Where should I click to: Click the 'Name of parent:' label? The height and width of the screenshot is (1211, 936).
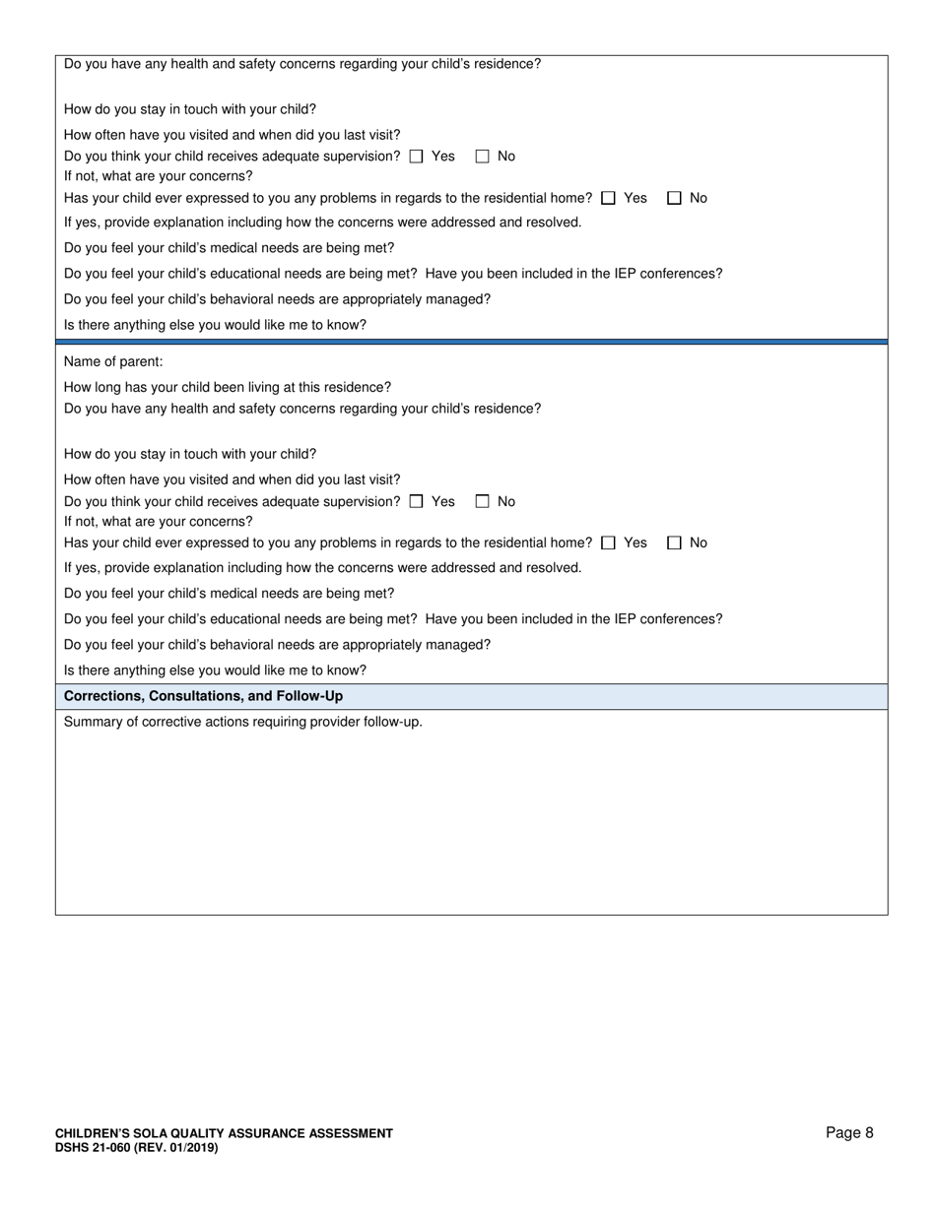pos(113,361)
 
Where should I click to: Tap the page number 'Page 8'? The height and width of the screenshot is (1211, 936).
pos(849,1133)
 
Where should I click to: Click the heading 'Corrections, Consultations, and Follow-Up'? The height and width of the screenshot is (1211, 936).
pos(203,696)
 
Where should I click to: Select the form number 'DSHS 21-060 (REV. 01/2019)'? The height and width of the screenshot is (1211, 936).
pos(137,1148)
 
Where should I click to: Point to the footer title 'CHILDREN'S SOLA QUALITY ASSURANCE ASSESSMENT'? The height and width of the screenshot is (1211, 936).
pos(224,1134)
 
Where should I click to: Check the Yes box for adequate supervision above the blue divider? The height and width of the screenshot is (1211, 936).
pos(416,157)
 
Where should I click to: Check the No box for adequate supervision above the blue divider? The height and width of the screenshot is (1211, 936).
pos(483,157)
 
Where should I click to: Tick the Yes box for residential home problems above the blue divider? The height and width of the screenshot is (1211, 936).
pos(608,198)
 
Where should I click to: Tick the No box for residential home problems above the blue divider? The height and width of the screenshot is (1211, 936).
pos(674,198)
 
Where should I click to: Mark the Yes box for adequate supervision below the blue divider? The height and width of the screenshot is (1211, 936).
pos(416,501)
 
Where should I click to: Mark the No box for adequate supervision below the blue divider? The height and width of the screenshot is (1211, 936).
pos(483,501)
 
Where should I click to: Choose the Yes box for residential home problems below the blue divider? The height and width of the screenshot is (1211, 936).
pos(608,542)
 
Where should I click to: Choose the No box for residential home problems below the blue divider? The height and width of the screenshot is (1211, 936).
pos(674,542)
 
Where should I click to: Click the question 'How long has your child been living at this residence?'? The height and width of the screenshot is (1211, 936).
pos(228,387)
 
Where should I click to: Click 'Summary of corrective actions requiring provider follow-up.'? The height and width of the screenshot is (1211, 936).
pos(243,722)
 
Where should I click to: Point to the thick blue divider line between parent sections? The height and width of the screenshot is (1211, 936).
pos(471,342)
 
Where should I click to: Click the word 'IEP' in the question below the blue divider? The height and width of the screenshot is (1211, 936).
pos(626,619)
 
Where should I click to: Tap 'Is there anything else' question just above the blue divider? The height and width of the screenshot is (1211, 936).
pos(215,325)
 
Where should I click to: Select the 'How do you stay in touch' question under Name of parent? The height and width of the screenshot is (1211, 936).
pos(190,454)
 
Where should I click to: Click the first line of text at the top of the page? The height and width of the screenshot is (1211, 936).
pos(302,64)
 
